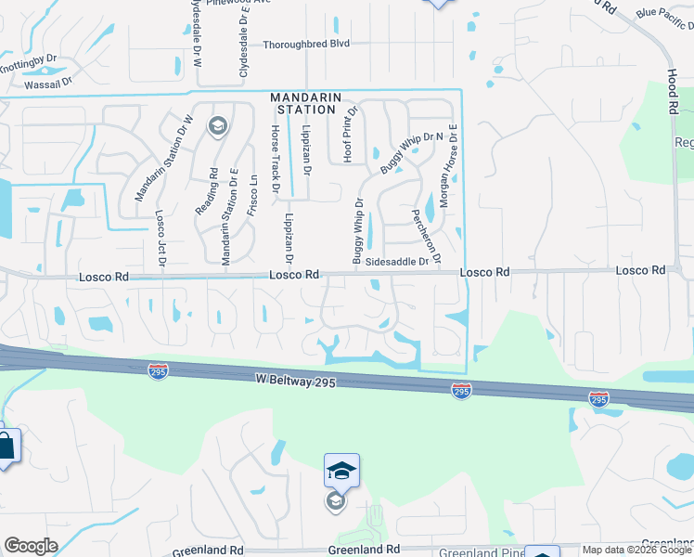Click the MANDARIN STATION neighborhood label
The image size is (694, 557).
click(306, 103)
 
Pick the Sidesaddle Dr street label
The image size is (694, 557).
click(396, 262)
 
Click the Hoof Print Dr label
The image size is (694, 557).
click(349, 136)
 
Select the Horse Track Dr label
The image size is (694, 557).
click(275, 159)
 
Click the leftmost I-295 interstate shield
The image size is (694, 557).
click(158, 370)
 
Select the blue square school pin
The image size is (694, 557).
click(341, 471)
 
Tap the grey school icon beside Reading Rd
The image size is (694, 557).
click(218, 126)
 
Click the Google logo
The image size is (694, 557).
click(30, 546)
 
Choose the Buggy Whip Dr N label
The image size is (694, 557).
click(401, 155)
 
